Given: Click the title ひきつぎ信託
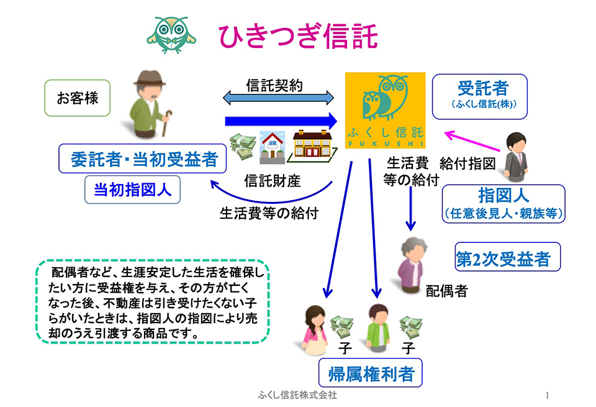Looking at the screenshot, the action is pyautogui.click(x=297, y=36).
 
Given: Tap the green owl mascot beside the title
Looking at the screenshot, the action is pyautogui.click(x=171, y=35).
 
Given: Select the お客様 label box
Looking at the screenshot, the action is pyautogui.click(x=78, y=98).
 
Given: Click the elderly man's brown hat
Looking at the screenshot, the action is pyautogui.click(x=150, y=78).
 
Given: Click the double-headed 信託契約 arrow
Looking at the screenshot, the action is pyautogui.click(x=278, y=98).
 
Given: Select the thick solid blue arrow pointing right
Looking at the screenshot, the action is pyautogui.click(x=281, y=121).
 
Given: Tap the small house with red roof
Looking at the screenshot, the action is pyautogui.click(x=272, y=147).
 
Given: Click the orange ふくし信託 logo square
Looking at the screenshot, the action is pyautogui.click(x=385, y=110).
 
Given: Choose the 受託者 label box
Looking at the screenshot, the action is pyautogui.click(x=480, y=96).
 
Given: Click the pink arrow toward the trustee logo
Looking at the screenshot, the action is pyautogui.click(x=472, y=140).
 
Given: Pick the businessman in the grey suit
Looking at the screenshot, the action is pyautogui.click(x=516, y=157).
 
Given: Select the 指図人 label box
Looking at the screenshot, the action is pyautogui.click(x=503, y=204).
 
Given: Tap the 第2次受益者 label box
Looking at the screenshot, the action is pyautogui.click(x=507, y=257).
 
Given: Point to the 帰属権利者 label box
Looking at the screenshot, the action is pyautogui.click(x=370, y=373).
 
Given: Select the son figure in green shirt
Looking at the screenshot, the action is pyautogui.click(x=378, y=329).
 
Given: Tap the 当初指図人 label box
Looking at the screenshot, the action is pyautogui.click(x=132, y=190).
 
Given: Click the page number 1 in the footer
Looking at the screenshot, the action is pyautogui.click(x=547, y=396).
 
